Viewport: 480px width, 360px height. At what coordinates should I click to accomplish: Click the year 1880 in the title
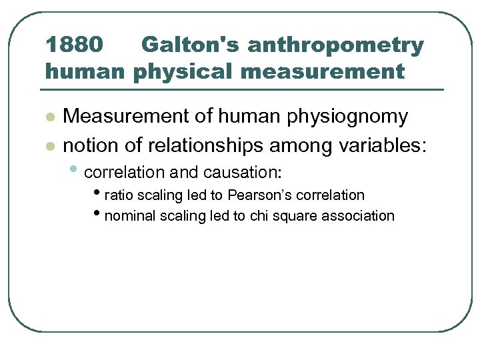74,45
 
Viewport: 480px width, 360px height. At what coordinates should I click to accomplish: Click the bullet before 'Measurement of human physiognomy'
49,117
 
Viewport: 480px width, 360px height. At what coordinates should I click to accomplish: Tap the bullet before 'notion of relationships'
49,144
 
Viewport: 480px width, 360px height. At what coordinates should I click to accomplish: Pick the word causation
242,172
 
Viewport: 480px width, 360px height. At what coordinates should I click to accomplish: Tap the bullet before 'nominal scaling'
99,215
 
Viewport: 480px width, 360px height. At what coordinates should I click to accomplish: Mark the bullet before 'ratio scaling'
99,194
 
